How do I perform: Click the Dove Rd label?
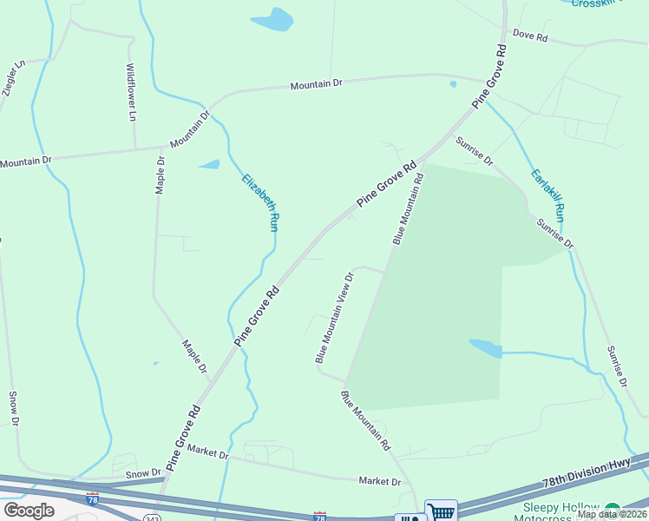coord(530,36)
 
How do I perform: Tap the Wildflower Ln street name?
coord(131,91)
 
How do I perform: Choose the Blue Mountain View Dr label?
coord(334,318)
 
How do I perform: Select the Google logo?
coord(29,511)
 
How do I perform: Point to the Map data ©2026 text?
coord(610,514)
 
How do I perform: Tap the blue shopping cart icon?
coord(441,511)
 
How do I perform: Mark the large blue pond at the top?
coord(272,19)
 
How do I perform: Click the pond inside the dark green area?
coord(486,348)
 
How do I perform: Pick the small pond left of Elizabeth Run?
coord(209,164)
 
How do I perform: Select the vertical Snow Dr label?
coord(14,408)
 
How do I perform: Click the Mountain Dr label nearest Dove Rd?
coord(317,85)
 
